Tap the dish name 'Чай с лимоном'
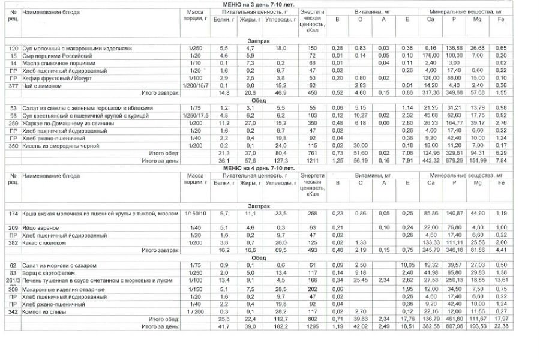point(40,85)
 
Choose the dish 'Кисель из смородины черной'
point(58,146)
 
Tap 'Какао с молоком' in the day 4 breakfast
point(44,242)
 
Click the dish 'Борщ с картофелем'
point(49,272)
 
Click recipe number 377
point(13,85)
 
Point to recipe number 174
point(13,214)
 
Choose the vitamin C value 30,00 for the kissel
point(361,146)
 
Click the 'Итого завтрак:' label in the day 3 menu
point(158,93)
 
